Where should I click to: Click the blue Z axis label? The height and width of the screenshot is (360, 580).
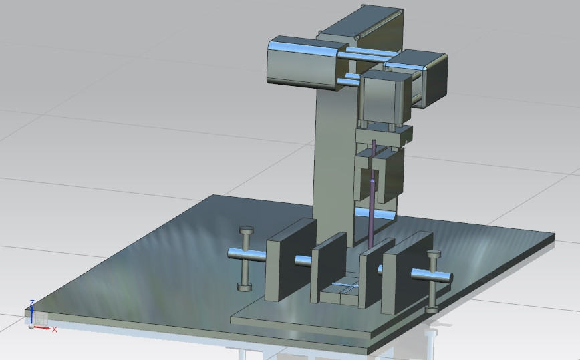(x=31, y=303)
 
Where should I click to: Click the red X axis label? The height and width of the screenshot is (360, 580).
(x=55, y=329)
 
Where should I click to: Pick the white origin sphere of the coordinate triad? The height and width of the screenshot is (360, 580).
(x=30, y=326)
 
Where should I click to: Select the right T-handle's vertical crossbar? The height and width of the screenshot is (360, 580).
(x=434, y=281)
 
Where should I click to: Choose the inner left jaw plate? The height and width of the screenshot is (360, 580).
(x=329, y=267)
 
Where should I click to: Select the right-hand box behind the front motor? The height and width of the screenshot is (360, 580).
(x=421, y=77)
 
